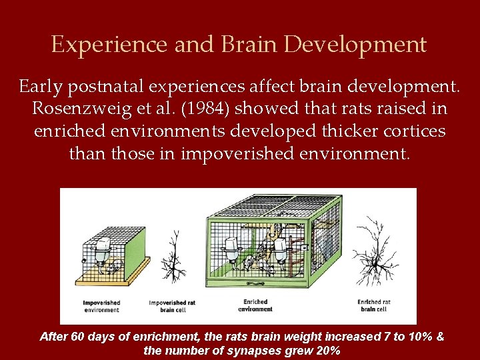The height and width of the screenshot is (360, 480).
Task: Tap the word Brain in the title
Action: point(242,45)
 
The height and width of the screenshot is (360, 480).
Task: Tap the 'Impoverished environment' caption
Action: point(101,306)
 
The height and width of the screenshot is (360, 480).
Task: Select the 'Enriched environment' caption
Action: point(255,305)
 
